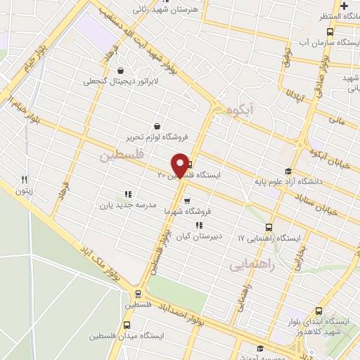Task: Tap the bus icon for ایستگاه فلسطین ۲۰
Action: (190, 166)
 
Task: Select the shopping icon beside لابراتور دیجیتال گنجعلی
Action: (121, 70)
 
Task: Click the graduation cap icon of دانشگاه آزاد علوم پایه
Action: (287, 172)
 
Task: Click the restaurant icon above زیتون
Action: (23, 179)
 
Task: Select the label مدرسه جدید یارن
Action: (120, 205)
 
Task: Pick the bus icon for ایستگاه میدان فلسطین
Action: (127, 326)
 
